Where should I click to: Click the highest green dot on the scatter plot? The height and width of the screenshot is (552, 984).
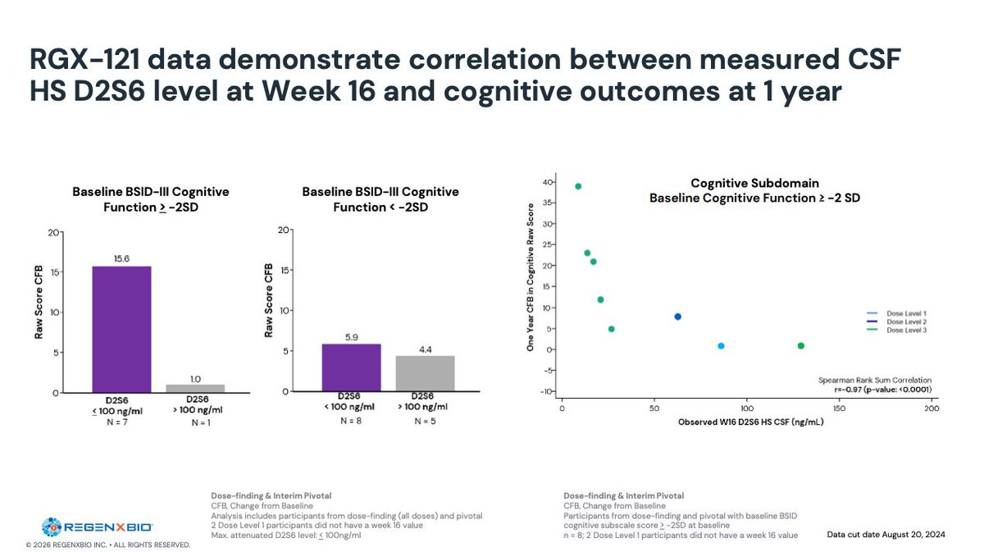pos(578,186)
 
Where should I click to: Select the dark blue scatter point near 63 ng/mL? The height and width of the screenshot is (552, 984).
pos(677,317)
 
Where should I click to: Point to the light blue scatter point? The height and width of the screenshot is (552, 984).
pos(721,346)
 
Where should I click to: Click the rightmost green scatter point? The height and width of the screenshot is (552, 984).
pos(800,346)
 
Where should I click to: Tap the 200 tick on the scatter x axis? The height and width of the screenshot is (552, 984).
pos(932,408)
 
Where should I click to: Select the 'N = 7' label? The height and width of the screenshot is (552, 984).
pos(121,422)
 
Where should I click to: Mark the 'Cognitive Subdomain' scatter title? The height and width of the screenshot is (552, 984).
pos(754,183)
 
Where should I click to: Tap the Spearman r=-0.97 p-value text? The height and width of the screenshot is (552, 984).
pos(880,390)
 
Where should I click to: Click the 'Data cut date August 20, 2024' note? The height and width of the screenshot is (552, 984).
pos(886,535)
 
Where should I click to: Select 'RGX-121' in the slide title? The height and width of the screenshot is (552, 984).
pos(89,59)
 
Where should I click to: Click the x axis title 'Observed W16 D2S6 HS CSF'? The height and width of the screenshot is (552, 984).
pos(750,422)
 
